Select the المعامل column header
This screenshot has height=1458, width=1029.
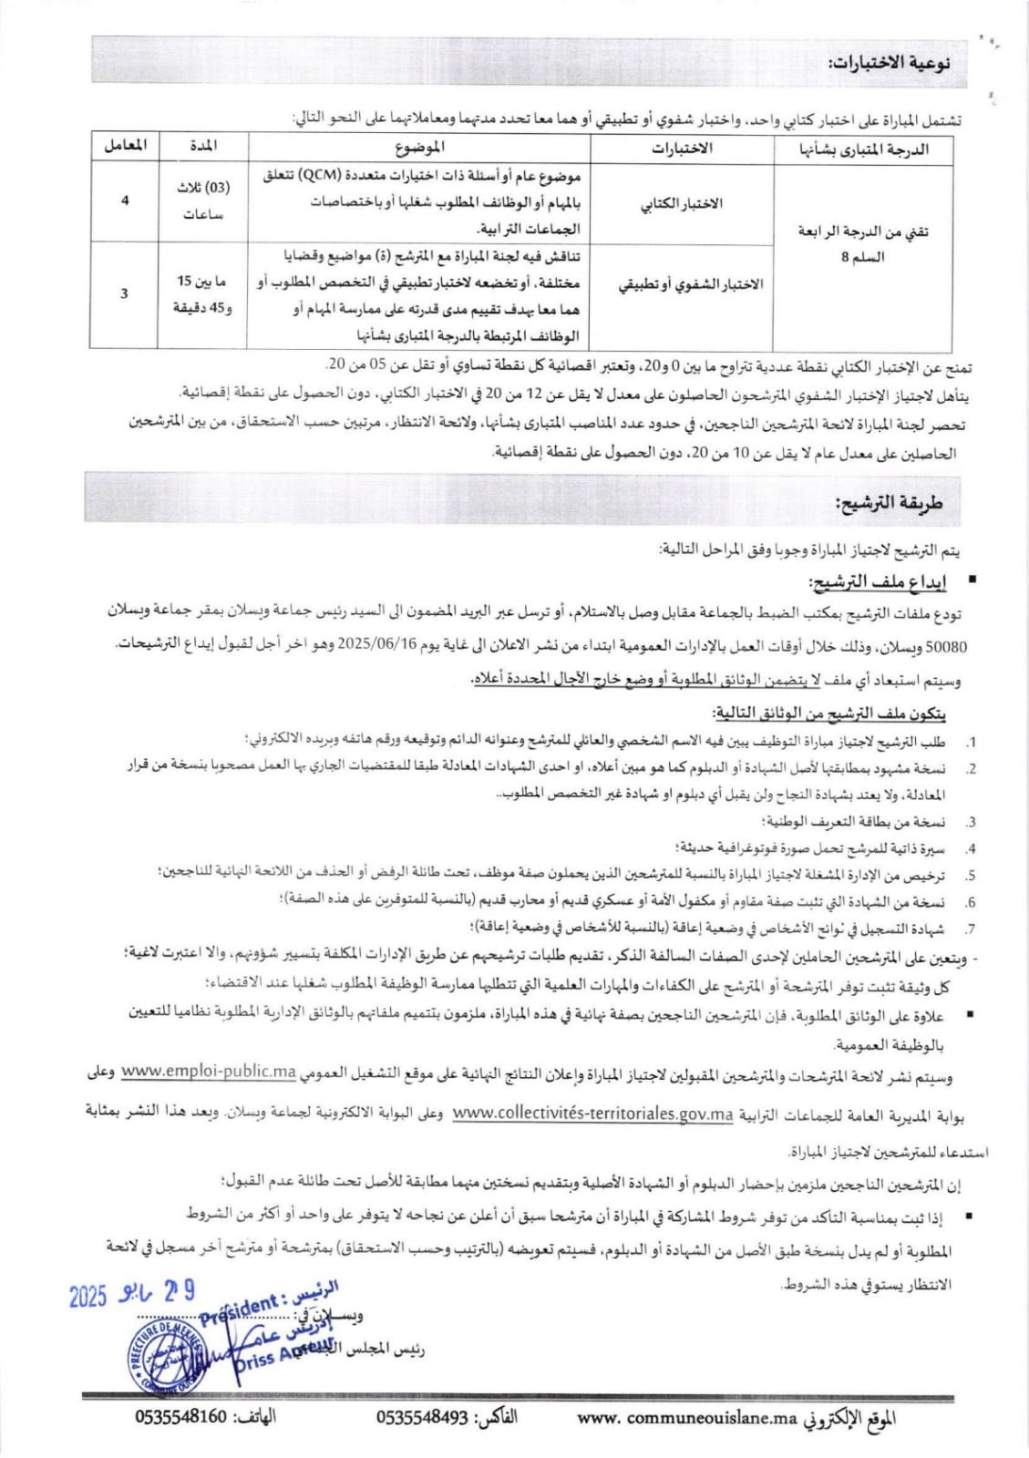click(x=125, y=146)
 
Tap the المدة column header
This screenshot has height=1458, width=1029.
click(x=202, y=146)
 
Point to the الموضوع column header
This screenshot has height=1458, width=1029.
click(x=420, y=147)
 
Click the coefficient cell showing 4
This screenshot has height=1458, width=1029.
click(x=125, y=200)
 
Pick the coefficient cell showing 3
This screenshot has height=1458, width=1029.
click(x=125, y=293)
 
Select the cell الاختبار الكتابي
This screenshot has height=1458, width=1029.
click(x=682, y=203)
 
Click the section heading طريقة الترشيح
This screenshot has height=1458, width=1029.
click(x=889, y=502)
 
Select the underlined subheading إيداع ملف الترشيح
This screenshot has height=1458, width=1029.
click(x=874, y=581)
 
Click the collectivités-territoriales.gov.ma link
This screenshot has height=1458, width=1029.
click(x=592, y=1113)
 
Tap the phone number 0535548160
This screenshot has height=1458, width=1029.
click(x=180, y=1417)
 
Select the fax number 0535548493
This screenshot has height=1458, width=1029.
click(x=422, y=1417)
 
